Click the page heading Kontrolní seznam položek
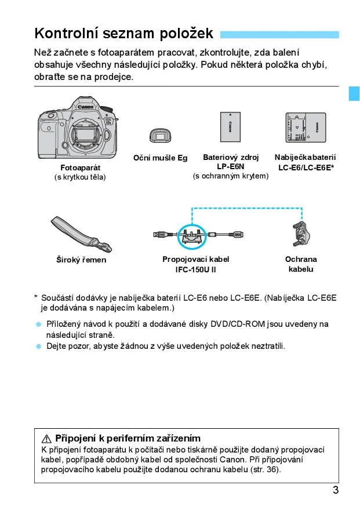point(124,33)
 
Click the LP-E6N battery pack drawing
point(231,127)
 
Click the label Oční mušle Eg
point(161,158)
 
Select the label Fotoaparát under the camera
point(81,167)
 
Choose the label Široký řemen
point(81,260)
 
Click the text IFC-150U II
point(195,269)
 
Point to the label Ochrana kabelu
point(301,264)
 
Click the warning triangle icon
point(47,438)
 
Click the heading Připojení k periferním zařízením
point(128,438)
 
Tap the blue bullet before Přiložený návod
point(39,324)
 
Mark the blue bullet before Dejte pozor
point(39,346)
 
